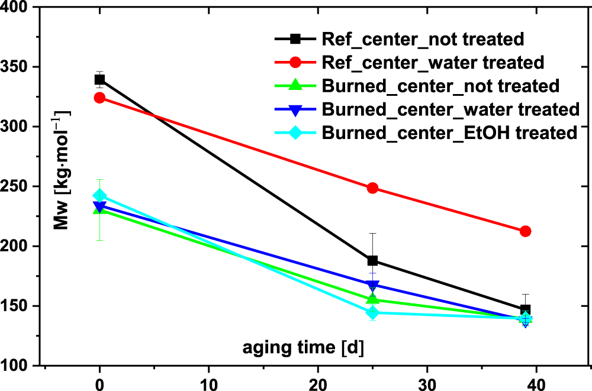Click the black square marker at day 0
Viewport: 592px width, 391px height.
99,79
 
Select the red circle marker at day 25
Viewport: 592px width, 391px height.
372,188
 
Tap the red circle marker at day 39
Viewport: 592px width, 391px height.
525,231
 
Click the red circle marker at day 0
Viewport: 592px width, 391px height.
99,98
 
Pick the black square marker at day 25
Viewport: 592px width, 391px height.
372,261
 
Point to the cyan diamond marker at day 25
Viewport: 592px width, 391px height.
372,312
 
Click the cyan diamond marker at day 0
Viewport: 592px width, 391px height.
99,196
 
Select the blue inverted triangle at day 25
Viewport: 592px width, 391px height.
372,285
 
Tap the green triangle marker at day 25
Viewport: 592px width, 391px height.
372,299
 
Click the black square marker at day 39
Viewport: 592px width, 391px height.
525,310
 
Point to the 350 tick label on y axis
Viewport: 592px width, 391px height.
19,67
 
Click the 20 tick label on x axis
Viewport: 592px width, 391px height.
318,383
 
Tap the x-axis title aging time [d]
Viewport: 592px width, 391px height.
303,346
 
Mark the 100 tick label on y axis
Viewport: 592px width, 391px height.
19,366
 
